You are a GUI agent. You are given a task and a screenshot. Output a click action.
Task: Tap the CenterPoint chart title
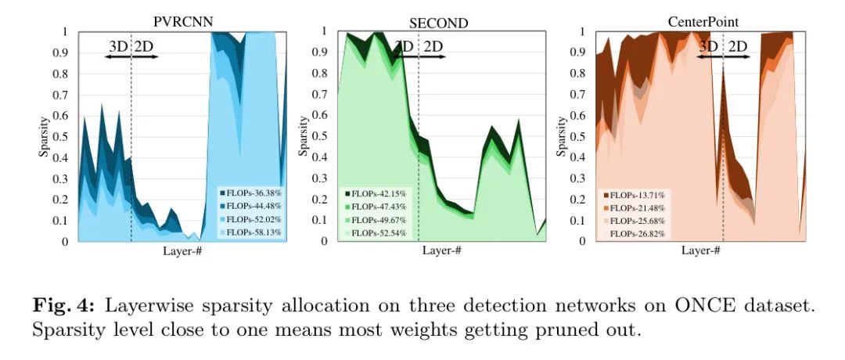(699, 22)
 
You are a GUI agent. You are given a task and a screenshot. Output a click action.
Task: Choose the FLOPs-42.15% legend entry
(378, 193)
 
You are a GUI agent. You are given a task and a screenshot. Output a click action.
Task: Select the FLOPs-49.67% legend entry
(378, 219)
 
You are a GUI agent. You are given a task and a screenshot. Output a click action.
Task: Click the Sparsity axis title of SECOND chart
(304, 137)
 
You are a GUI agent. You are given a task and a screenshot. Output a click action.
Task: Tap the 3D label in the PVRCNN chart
(118, 45)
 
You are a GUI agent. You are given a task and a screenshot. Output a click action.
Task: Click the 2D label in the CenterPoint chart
(737, 45)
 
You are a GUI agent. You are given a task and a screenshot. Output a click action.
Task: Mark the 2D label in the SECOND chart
(433, 45)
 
